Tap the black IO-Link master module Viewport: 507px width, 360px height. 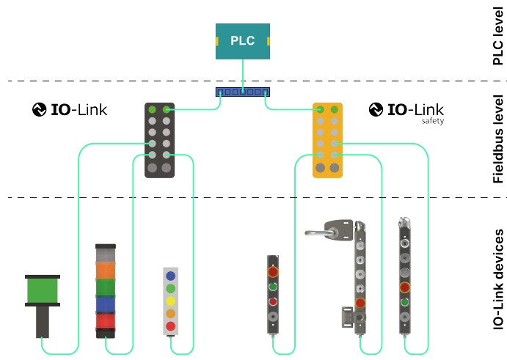click(159, 139)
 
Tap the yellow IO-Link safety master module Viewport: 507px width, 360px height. click(327, 140)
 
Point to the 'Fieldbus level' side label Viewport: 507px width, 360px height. click(497, 139)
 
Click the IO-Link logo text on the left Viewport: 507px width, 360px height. click(70, 111)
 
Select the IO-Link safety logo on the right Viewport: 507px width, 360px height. click(406, 111)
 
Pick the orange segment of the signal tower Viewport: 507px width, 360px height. click(106, 269)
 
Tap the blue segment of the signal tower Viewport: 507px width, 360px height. click(106, 304)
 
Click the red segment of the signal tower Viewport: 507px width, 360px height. click(106, 321)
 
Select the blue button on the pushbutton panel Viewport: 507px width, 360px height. click(170, 276)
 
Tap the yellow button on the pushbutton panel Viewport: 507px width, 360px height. click(170, 301)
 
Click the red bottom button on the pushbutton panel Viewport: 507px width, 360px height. click(170, 326)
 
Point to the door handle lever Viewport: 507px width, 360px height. click(323, 232)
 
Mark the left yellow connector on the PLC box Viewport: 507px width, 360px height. click(217, 41)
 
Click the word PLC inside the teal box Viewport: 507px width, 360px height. click(243, 41)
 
